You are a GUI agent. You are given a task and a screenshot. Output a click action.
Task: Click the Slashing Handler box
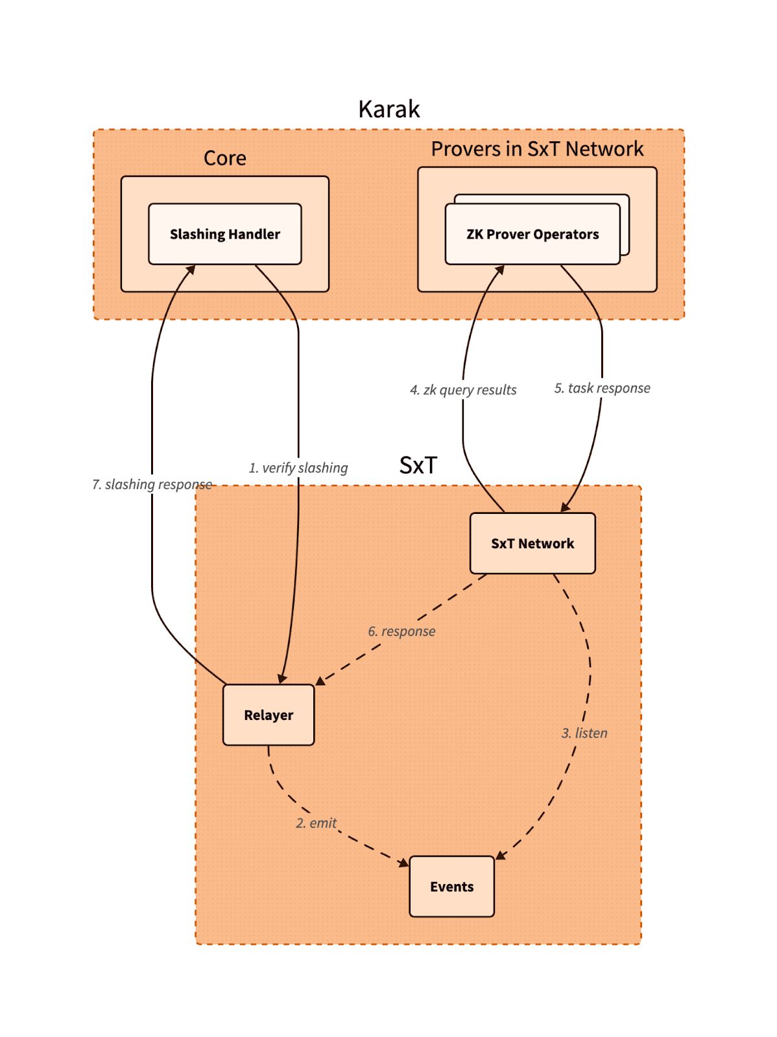point(224,234)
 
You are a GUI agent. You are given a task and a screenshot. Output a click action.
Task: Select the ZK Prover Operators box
point(532,234)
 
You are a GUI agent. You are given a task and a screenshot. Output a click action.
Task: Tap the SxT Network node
point(532,543)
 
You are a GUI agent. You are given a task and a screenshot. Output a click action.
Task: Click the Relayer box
point(268,715)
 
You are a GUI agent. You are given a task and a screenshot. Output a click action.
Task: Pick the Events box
point(451,886)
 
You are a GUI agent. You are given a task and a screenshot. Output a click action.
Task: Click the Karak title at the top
point(388,109)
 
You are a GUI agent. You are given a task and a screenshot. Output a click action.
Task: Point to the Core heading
point(224,158)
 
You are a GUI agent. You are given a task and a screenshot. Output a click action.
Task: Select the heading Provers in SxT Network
point(537,149)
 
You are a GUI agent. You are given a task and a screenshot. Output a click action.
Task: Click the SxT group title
point(418,465)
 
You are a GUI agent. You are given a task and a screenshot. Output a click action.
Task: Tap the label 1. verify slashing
point(298,468)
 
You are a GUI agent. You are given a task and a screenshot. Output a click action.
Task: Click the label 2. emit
point(317,823)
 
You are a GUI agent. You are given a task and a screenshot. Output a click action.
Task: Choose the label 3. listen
point(584,733)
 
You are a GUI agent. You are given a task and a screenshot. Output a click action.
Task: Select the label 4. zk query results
point(463,390)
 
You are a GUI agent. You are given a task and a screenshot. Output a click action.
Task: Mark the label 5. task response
point(602,388)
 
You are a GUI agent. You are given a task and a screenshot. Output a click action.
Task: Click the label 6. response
point(401,631)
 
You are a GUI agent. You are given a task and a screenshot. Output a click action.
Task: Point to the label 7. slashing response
point(152,485)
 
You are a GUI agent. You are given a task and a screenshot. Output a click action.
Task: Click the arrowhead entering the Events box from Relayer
point(404,862)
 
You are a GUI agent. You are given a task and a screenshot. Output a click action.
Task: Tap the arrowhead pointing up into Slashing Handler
point(191,270)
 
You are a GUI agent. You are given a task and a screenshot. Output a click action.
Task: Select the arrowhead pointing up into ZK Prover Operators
point(499,270)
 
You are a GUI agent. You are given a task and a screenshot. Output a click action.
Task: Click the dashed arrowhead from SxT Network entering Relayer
point(320,681)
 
